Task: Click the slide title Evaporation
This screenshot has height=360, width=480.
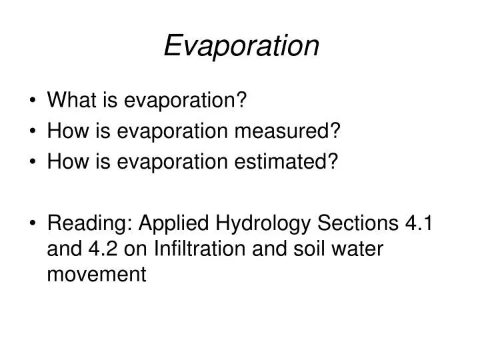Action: [x=241, y=46]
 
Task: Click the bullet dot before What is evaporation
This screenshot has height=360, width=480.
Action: [x=33, y=102]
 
